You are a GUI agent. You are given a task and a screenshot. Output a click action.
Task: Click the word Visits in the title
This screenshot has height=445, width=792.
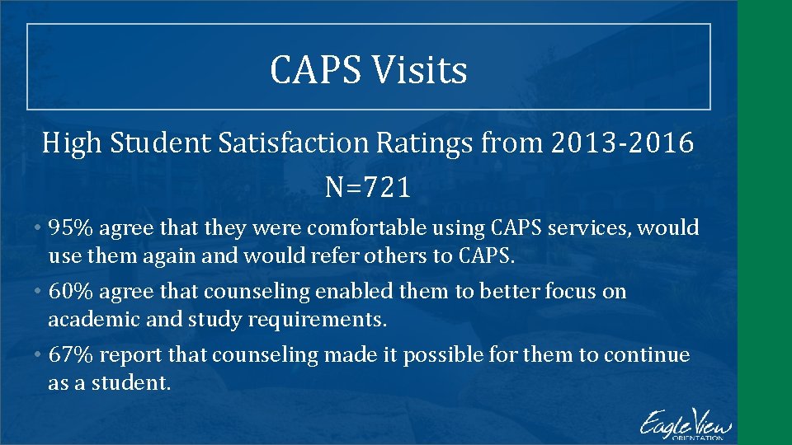pyautogui.click(x=419, y=69)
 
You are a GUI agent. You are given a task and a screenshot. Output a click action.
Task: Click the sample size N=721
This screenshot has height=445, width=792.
pyautogui.click(x=368, y=189)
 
